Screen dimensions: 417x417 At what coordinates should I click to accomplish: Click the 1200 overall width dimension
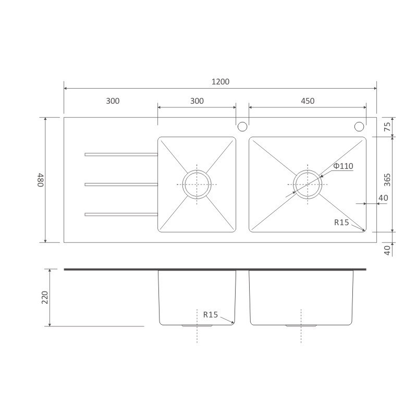[220, 82]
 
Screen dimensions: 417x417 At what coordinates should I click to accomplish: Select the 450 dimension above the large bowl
[308, 101]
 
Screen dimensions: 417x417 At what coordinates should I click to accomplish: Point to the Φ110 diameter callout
[343, 166]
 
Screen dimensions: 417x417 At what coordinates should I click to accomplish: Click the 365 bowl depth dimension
[387, 180]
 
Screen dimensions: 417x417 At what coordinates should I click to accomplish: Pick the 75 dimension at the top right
[387, 127]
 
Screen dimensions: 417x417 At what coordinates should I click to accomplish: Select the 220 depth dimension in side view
[45, 298]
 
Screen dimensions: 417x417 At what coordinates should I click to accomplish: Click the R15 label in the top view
[341, 223]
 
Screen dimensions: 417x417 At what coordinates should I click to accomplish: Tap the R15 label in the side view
[211, 315]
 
